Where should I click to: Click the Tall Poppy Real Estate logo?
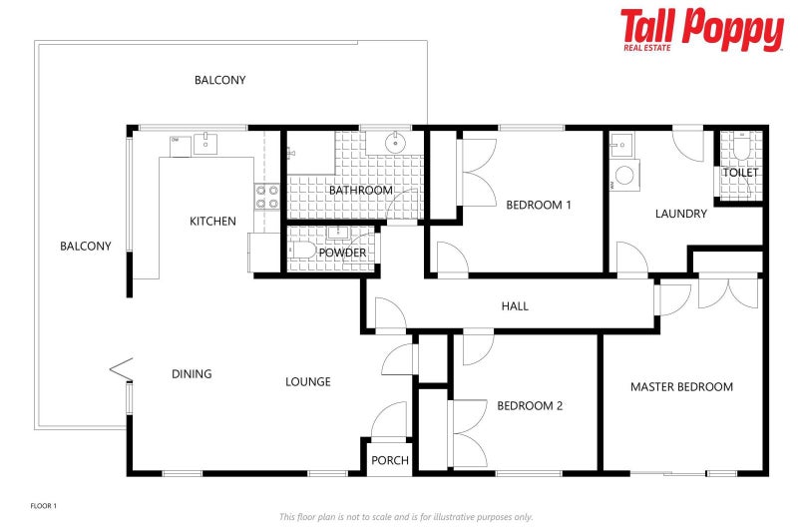click(701, 30)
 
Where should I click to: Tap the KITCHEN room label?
click(212, 221)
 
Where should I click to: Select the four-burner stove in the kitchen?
click(266, 197)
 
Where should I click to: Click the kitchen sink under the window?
click(206, 145)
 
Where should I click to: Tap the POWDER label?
click(342, 253)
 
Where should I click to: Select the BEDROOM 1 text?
click(538, 206)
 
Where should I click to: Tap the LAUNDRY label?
click(680, 214)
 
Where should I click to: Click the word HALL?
click(515, 306)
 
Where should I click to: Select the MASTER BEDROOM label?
click(681, 386)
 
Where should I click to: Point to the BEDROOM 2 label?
click(530, 405)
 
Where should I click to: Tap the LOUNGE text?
click(307, 381)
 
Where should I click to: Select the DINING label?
click(192, 374)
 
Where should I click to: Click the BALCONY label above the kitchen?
click(219, 80)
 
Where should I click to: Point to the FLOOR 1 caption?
click(44, 507)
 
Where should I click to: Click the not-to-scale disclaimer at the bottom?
click(405, 517)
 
